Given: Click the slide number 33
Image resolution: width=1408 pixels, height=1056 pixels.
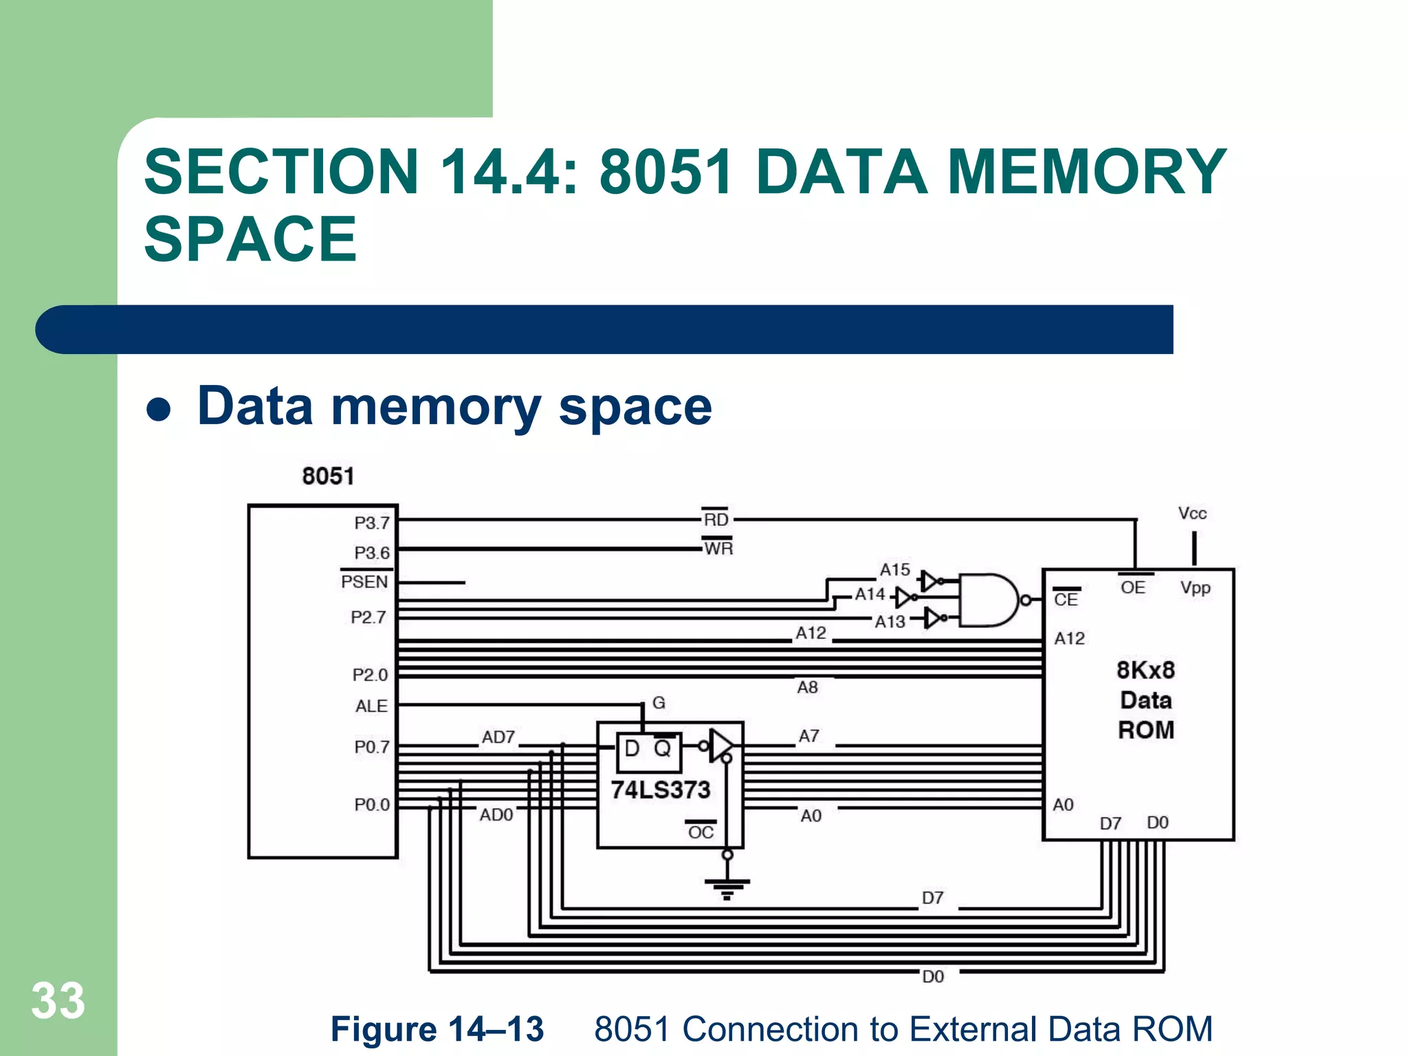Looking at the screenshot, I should [x=58, y=1001].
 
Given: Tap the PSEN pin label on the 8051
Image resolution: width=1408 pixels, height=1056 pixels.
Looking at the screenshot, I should [x=365, y=582].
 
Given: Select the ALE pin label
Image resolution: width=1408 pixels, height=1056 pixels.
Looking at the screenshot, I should [x=371, y=706].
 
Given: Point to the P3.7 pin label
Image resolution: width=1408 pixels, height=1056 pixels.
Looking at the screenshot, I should [x=372, y=522].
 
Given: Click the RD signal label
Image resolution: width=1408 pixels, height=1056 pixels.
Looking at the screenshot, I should [x=716, y=520].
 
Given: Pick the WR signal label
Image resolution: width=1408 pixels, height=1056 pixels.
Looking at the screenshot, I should [x=718, y=549].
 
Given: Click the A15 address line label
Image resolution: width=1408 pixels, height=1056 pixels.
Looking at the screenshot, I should [x=894, y=569].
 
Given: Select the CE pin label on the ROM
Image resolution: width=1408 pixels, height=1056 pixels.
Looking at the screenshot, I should [x=1066, y=599].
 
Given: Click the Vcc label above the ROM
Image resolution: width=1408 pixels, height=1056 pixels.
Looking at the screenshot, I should [x=1192, y=514].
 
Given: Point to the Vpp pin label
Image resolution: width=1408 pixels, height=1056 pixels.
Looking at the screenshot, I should [x=1195, y=588].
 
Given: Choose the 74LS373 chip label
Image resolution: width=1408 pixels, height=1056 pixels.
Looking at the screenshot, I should [x=660, y=790].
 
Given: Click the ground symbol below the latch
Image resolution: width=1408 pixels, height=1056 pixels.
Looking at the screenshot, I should [x=727, y=888].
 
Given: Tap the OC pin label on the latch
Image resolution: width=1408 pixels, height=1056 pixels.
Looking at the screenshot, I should [x=701, y=833].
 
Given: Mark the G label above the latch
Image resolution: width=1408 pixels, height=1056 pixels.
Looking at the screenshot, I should [x=659, y=703].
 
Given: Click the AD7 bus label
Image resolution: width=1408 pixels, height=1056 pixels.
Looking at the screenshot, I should [x=498, y=737].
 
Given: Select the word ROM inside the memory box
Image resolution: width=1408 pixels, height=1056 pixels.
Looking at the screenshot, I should [x=1145, y=729].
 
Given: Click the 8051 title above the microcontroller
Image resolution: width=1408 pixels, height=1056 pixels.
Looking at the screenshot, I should [x=328, y=476].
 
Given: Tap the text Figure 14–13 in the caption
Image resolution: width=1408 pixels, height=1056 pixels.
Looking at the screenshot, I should [x=437, y=1029].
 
